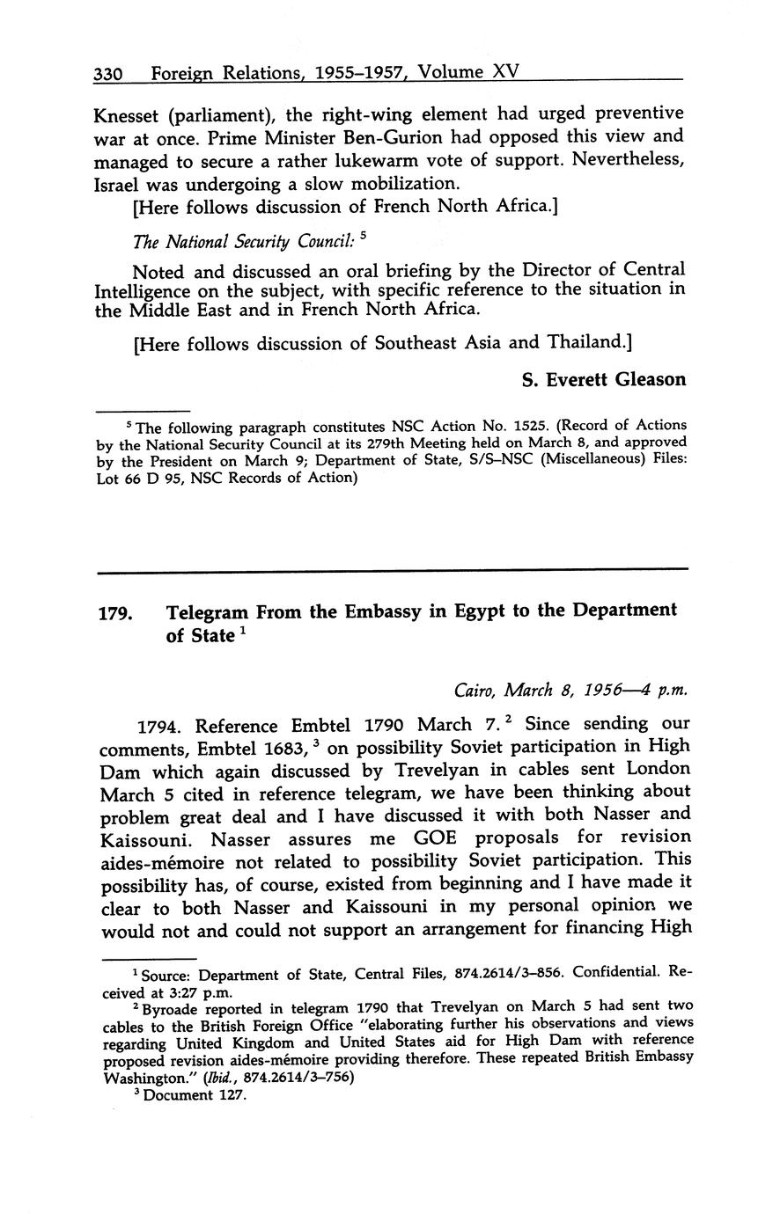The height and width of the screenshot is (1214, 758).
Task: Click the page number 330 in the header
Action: (113, 73)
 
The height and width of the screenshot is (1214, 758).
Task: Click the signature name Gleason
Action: (644, 379)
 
